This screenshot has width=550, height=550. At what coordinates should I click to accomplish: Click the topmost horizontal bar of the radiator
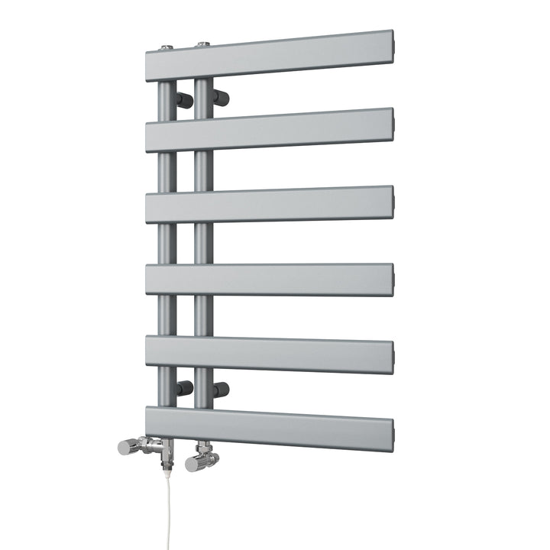pos(267,53)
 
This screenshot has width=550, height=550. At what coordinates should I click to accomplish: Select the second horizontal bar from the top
pos(267,130)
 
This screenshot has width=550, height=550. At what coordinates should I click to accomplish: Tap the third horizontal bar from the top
pos(267,204)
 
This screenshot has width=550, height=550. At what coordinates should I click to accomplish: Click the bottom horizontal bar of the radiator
pos(267,428)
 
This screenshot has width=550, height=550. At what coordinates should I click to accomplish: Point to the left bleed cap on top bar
pos(167,47)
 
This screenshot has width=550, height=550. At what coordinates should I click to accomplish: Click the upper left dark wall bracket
pos(184,99)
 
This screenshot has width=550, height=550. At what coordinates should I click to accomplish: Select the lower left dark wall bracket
pos(184,388)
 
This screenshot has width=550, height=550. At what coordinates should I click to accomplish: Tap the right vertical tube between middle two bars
pos(202,243)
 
